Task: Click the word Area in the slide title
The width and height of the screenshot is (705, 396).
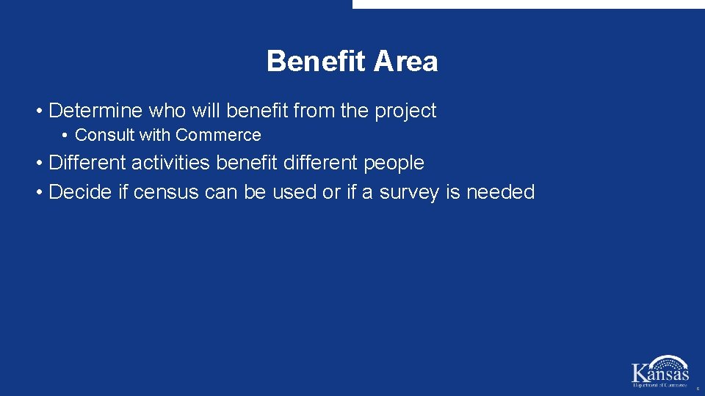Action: click(x=405, y=62)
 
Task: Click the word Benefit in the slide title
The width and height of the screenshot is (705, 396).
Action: click(x=317, y=62)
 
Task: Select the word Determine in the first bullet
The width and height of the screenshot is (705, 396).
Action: click(x=95, y=111)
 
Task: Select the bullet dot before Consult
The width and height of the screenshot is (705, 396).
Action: click(x=65, y=136)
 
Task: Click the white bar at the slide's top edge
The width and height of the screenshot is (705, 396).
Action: click(x=528, y=4)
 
